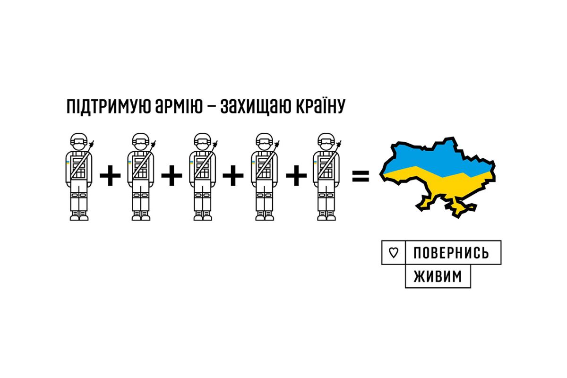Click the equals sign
(x=360, y=177)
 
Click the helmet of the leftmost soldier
(x=79, y=141)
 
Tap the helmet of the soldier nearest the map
(x=326, y=141)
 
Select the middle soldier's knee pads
(x=203, y=197)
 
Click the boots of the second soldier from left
(x=141, y=215)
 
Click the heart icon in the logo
(x=393, y=253)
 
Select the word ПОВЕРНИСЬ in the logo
(x=451, y=253)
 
